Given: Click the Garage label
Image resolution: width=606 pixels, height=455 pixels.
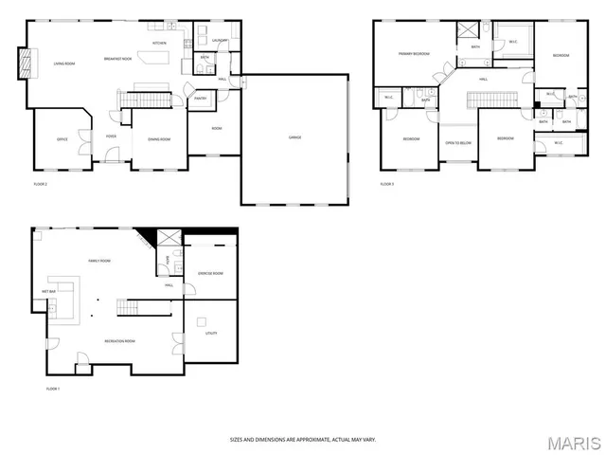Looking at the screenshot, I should point(294,137).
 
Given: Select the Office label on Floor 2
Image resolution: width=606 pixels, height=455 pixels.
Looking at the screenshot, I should point(62,139).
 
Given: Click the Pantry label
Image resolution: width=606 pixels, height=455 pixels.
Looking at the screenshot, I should point(201,98).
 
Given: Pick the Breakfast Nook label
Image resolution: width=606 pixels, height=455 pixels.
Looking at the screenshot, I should point(116,61).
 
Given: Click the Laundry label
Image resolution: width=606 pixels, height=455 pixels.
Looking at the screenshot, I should point(220,41).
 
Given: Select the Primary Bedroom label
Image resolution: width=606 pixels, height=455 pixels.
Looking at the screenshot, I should point(414,54).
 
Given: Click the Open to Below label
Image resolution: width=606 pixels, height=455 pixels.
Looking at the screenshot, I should point(458,142).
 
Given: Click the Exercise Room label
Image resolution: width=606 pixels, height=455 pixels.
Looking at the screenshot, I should point(210,273).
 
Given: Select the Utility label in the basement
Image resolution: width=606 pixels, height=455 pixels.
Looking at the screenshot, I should point(211,333).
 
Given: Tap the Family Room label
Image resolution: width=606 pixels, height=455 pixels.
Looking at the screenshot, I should point(99,260).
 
